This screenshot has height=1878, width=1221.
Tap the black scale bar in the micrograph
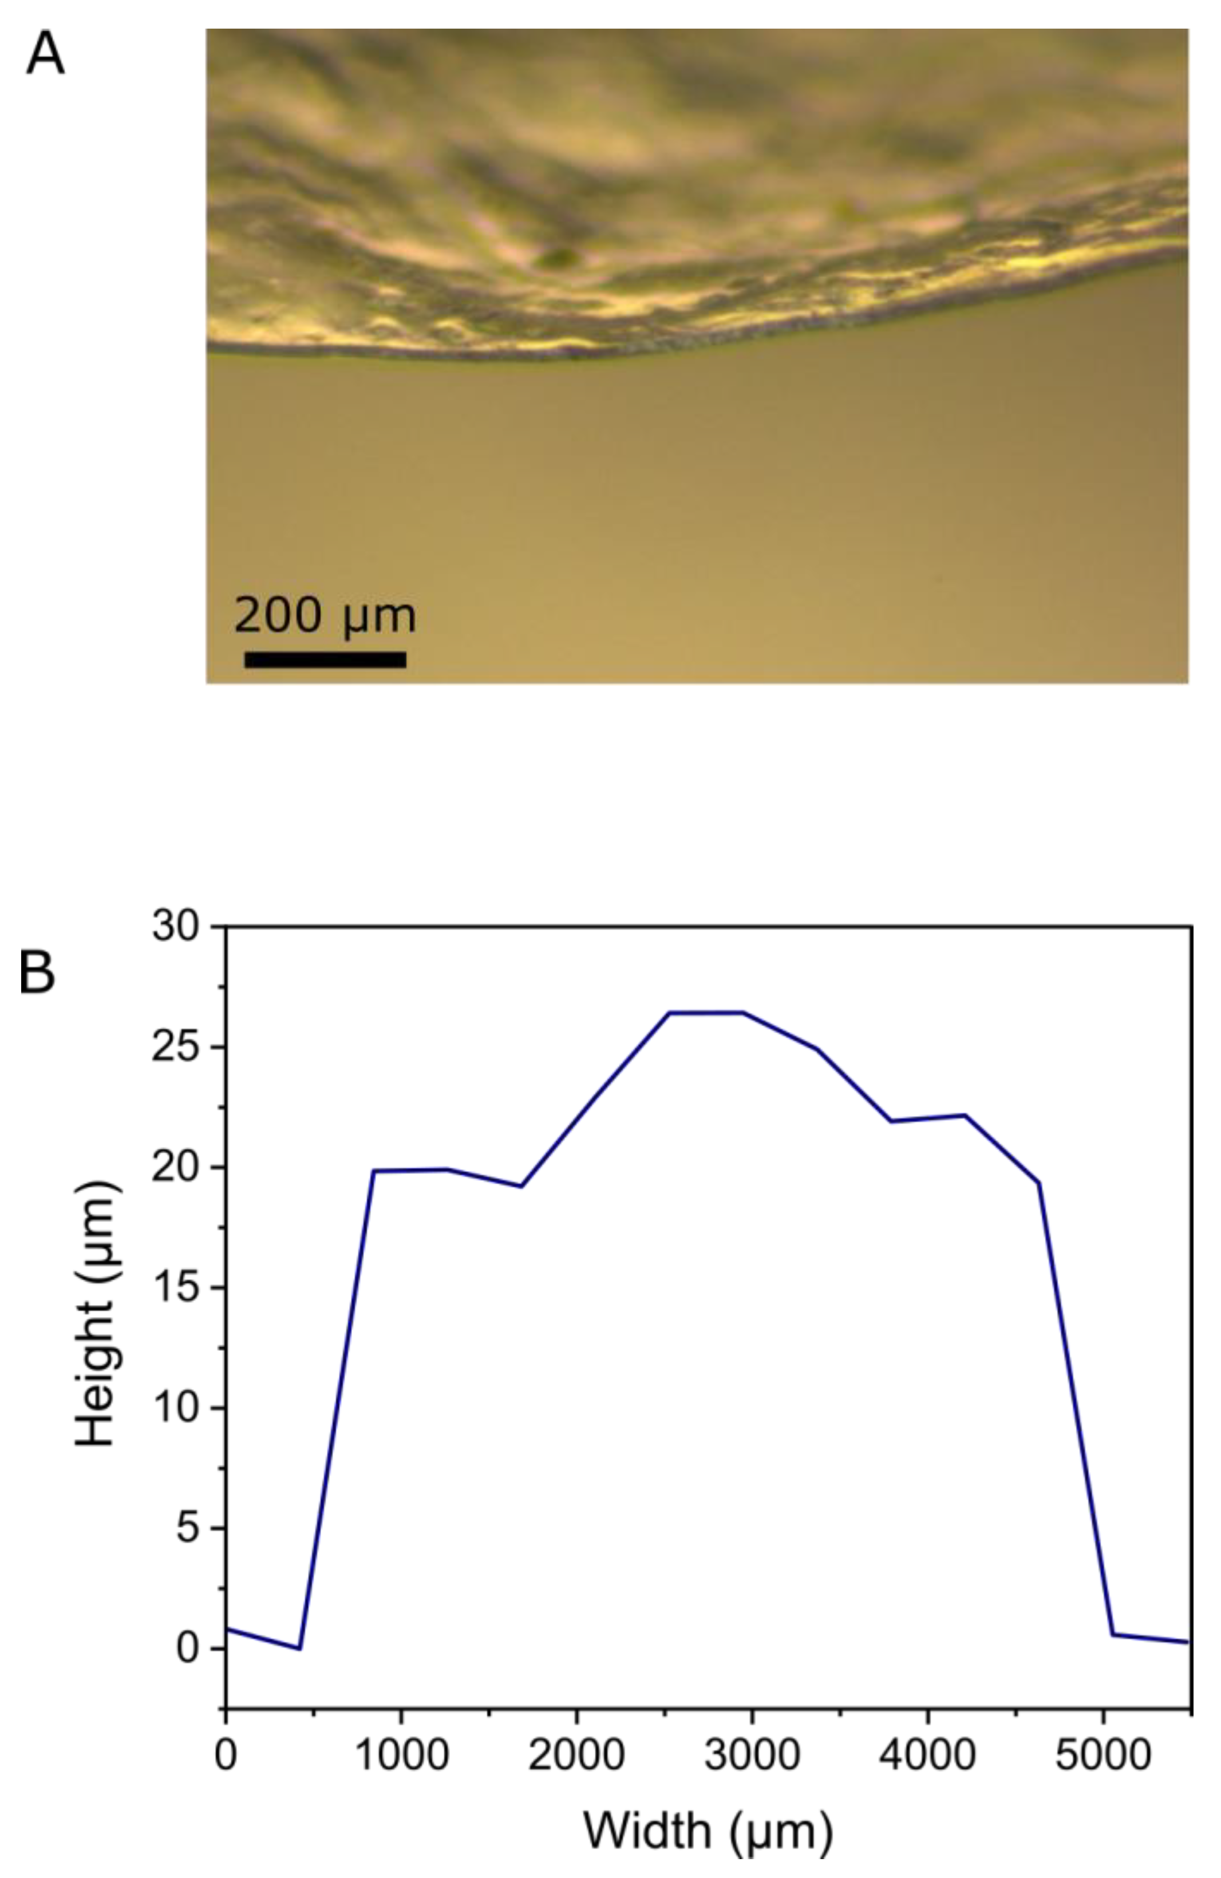[325, 659]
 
